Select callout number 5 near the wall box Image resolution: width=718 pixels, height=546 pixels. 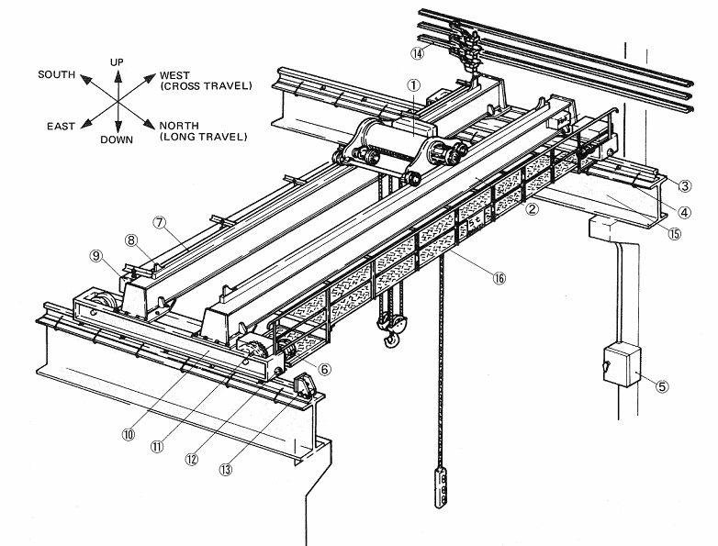pyautogui.click(x=663, y=385)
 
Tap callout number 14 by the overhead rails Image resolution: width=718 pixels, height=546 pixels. pyautogui.click(x=418, y=53)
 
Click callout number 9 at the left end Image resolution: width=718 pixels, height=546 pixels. pyautogui.click(x=95, y=256)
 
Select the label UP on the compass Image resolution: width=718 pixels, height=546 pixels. pyautogui.click(x=117, y=61)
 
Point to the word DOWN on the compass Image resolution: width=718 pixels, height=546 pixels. pyautogui.click(x=118, y=140)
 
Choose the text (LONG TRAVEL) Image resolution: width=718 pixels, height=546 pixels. pyautogui.click(x=203, y=138)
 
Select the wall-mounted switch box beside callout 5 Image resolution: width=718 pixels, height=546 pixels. pyautogui.click(x=619, y=365)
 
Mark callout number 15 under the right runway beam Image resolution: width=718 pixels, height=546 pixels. pyautogui.click(x=675, y=233)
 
